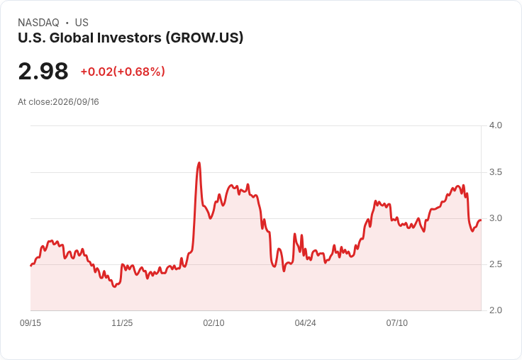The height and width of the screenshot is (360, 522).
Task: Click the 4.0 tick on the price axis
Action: click(x=495, y=125)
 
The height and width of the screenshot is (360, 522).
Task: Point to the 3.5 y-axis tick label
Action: click(x=495, y=172)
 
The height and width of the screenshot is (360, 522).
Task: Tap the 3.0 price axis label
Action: click(x=495, y=218)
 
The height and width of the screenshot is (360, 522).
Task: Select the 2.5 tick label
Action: click(x=495, y=264)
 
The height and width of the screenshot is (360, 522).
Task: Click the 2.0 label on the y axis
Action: click(x=495, y=310)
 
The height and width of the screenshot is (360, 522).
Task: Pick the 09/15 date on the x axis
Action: click(x=30, y=323)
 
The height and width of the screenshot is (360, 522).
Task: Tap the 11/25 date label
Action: click(x=122, y=323)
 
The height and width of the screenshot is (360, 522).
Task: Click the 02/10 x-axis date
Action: click(x=213, y=323)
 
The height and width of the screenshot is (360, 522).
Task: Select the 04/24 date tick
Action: click(x=305, y=323)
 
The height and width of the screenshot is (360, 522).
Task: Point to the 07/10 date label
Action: click(x=397, y=323)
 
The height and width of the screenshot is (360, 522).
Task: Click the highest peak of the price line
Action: click(x=199, y=163)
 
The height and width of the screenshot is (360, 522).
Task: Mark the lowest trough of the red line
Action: click(x=114, y=286)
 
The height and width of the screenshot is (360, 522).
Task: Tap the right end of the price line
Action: click(x=481, y=220)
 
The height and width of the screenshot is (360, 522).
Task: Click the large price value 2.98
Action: click(x=43, y=72)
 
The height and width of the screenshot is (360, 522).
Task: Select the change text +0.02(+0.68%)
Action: click(x=123, y=72)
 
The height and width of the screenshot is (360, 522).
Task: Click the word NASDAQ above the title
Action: click(x=38, y=23)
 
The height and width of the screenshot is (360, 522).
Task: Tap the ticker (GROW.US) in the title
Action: click(x=205, y=38)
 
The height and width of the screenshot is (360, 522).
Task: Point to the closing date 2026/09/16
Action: click(x=76, y=102)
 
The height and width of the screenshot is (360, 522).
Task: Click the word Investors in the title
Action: click(x=129, y=38)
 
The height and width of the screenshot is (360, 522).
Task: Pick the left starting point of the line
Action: click(x=31, y=266)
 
